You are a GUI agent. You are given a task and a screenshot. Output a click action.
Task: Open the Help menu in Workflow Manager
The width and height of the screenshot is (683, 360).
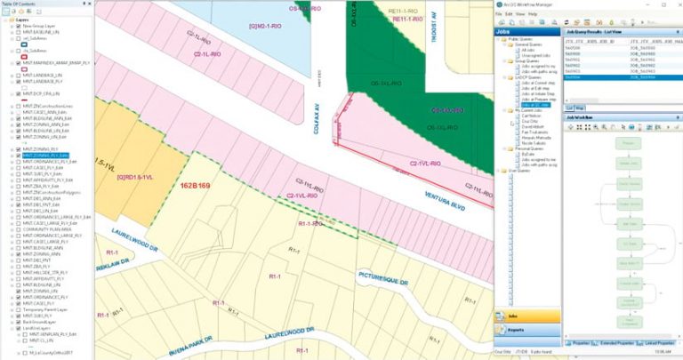[x=532, y=14]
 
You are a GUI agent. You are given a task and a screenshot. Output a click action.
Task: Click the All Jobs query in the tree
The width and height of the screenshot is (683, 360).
[x=527, y=50]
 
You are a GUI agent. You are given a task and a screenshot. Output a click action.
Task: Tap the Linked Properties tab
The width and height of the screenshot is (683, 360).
[x=659, y=342]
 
